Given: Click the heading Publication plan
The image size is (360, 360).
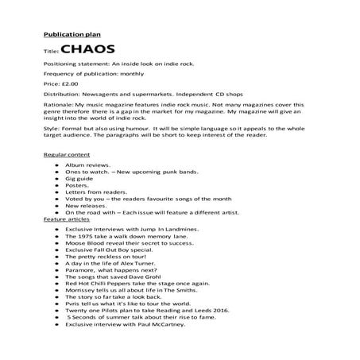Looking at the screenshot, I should coord(68,35).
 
